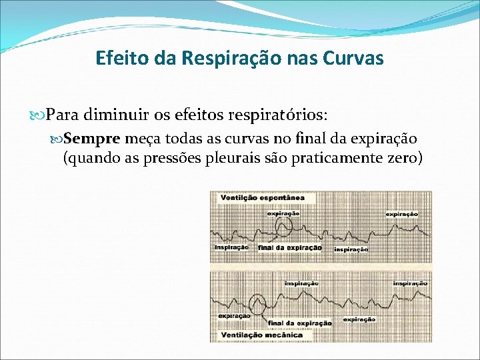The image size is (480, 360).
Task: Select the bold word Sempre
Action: tap(93, 139)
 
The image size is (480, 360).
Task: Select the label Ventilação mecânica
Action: tap(261, 335)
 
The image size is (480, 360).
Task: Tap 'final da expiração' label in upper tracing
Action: tap(289, 248)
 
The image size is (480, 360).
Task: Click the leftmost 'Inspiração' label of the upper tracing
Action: tap(231, 247)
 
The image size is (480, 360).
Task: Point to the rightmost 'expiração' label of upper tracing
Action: tap(402, 214)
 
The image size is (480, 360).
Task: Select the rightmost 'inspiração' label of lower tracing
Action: tap(410, 283)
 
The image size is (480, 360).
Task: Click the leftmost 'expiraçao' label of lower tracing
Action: tap(234, 316)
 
